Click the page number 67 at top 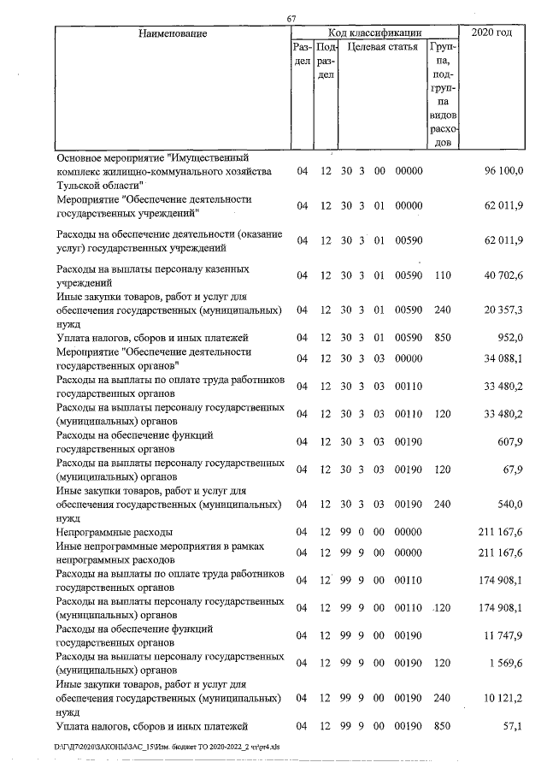click(x=291, y=20)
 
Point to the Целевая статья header click(x=382, y=48)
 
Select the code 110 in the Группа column click(x=443, y=275)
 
